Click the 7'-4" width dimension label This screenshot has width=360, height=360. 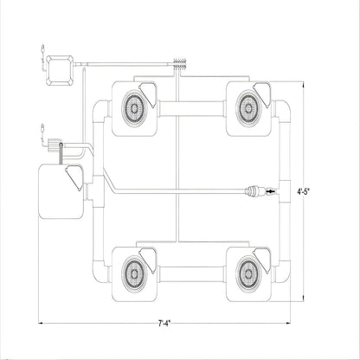tap(164, 324)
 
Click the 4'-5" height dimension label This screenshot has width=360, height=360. tap(304, 191)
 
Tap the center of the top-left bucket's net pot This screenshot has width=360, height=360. tap(134, 108)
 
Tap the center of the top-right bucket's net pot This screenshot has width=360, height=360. tap(248, 108)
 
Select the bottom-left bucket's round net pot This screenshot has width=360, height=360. tap(134, 273)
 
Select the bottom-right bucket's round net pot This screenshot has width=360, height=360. tap(248, 273)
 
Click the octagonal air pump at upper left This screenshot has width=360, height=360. tap(60, 70)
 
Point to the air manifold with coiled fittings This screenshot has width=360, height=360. tap(180, 64)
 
